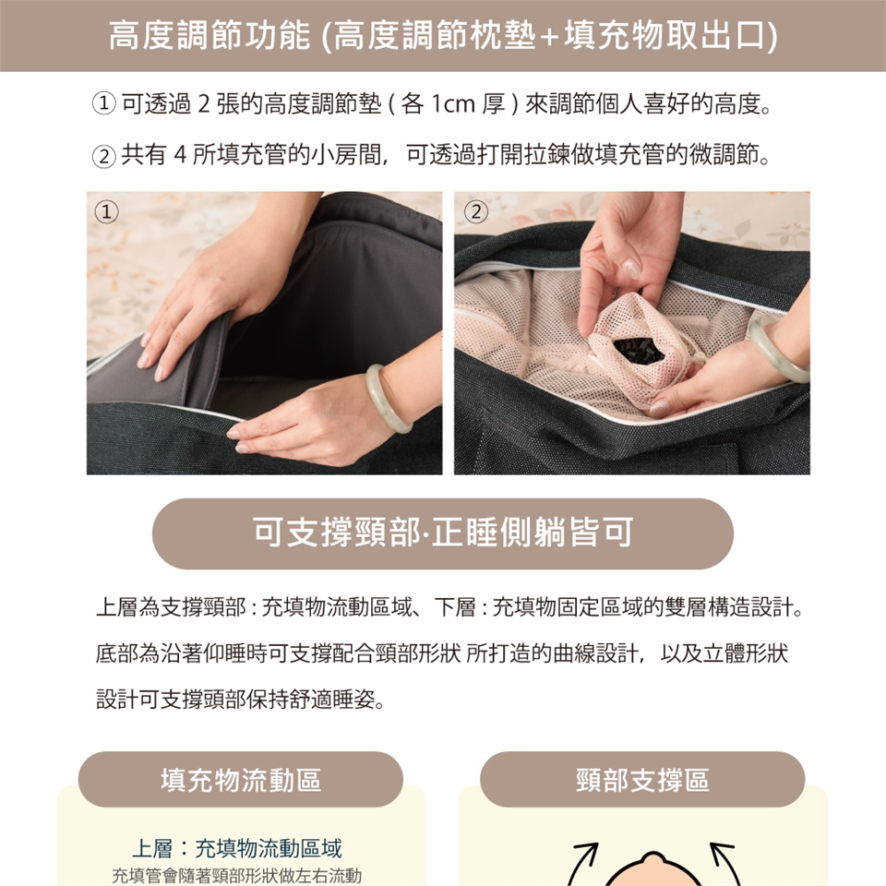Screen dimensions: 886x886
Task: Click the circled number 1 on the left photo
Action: pos(106,212)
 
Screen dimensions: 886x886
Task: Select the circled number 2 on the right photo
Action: pos(476,212)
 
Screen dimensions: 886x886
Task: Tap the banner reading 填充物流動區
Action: pos(241,780)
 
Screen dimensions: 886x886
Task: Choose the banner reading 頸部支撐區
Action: pos(642,780)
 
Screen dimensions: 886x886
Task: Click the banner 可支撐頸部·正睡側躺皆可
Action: pos(442,533)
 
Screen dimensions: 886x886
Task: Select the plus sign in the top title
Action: pos(549,37)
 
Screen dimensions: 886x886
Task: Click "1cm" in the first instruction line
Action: pos(453,104)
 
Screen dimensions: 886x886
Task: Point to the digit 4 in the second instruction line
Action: pos(180,154)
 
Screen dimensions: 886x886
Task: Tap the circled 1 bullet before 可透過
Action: pos(104,104)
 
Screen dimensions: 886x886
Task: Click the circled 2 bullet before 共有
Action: pos(104,155)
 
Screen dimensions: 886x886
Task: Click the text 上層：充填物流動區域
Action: pos(237,849)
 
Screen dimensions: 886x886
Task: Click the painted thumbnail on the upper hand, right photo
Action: pos(631,269)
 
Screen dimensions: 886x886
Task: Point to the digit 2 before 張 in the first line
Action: pos(203,104)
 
